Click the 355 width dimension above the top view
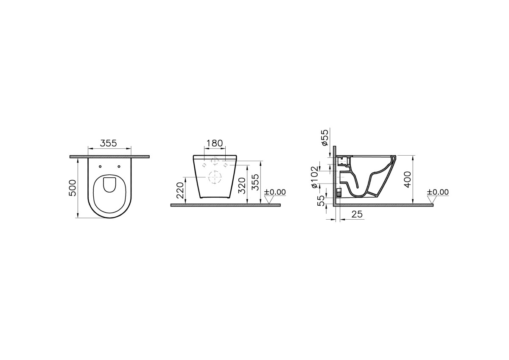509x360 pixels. tap(109, 143)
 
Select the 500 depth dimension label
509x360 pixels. tap(73, 188)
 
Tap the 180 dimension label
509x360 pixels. tap(215, 143)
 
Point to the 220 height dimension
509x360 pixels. tap(180, 190)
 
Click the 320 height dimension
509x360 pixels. tap(243, 186)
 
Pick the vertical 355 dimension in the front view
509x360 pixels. tap(255, 182)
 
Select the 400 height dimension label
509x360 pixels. tap(408, 179)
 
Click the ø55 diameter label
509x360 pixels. tap(325, 137)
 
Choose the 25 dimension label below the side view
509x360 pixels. tap(357, 214)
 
